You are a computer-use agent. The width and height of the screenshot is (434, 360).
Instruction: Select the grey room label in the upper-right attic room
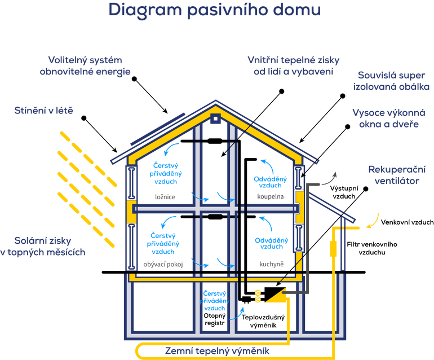point(263,197)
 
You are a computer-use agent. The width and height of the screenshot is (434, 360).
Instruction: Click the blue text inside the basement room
point(214,299)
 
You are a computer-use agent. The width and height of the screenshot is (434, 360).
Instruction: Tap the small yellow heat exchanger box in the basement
point(258,296)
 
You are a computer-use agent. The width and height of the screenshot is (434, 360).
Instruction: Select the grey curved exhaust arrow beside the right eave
point(327,179)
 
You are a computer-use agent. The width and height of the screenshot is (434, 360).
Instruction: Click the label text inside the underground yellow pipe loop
point(217,350)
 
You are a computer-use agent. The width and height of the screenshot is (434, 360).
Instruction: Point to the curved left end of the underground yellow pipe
point(136,350)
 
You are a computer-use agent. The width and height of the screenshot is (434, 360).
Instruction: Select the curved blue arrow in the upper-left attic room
point(171,149)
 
